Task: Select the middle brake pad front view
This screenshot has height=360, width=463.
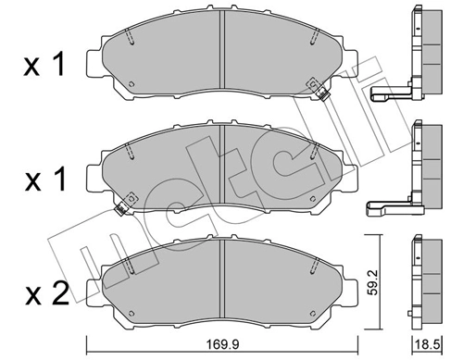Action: pos(222,167)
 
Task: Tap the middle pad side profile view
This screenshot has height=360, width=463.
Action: pos(428,165)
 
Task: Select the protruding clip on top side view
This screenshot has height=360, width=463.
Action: pos(384,94)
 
